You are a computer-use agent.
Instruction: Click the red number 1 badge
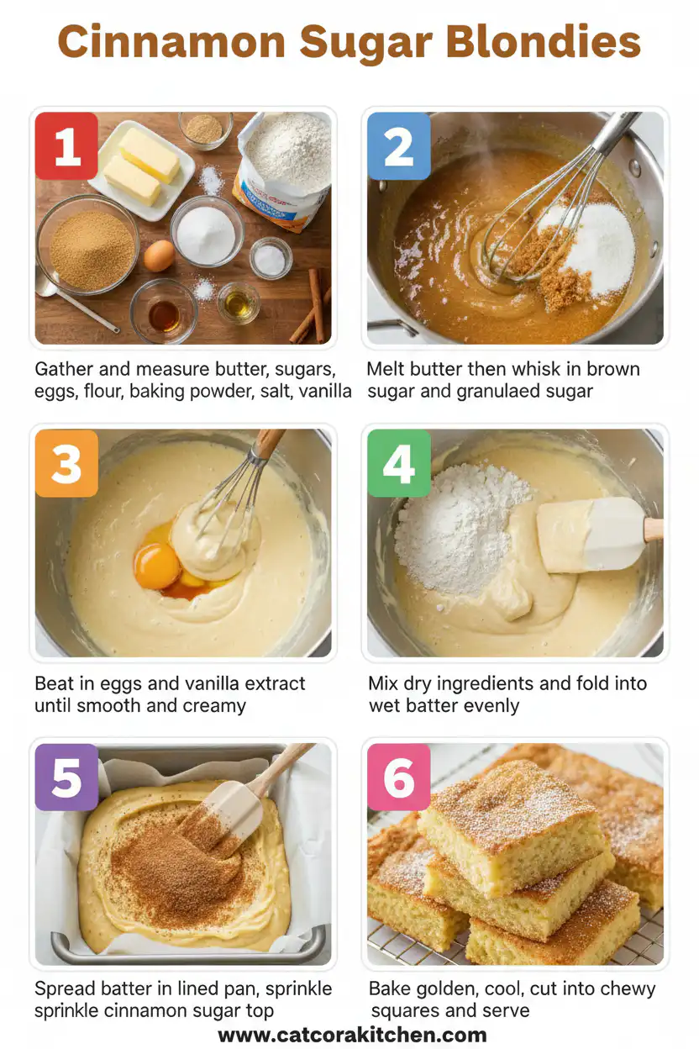pyautogui.click(x=66, y=146)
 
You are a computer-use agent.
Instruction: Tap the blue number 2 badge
pyautogui.click(x=399, y=146)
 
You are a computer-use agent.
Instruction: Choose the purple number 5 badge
pyautogui.click(x=66, y=778)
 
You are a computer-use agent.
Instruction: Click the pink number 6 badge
pyautogui.click(x=399, y=778)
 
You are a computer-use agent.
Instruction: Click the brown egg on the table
pyautogui.click(x=159, y=256)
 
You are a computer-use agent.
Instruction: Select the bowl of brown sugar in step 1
pyautogui.click(x=88, y=247)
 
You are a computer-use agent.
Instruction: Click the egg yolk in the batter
pyautogui.click(x=157, y=566)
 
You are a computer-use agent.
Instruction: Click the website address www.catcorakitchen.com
pyautogui.click(x=352, y=1035)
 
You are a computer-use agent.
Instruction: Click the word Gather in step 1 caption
pyautogui.click(x=63, y=369)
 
